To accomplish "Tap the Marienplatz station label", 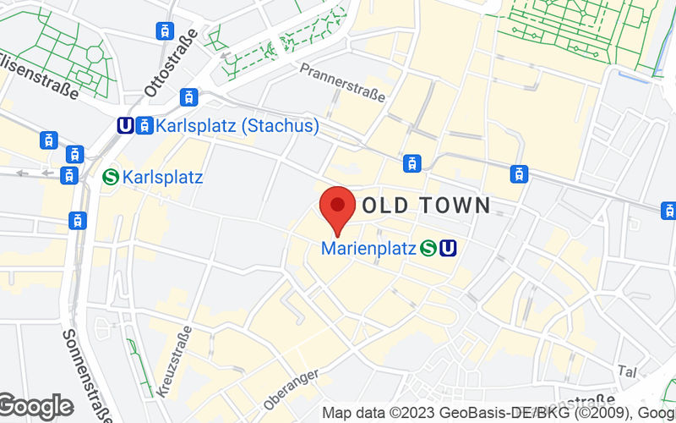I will pyautogui.click(x=368, y=249).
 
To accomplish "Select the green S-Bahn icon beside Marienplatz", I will pyautogui.click(x=428, y=248).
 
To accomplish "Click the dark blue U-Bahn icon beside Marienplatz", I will pyautogui.click(x=448, y=248).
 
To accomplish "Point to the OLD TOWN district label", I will pyautogui.click(x=426, y=205).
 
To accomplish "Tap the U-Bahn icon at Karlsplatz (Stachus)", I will pyautogui.click(x=125, y=125).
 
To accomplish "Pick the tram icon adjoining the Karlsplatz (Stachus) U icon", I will pyautogui.click(x=144, y=125).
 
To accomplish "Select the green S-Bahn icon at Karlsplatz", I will pyautogui.click(x=110, y=178).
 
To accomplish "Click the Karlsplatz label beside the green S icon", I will pyautogui.click(x=162, y=178).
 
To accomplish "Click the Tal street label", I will pyautogui.click(x=627, y=371).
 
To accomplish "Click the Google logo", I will pyautogui.click(x=35, y=407).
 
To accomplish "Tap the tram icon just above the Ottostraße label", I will pyautogui.click(x=164, y=31).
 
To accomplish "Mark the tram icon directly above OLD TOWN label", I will pyautogui.click(x=412, y=163).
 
